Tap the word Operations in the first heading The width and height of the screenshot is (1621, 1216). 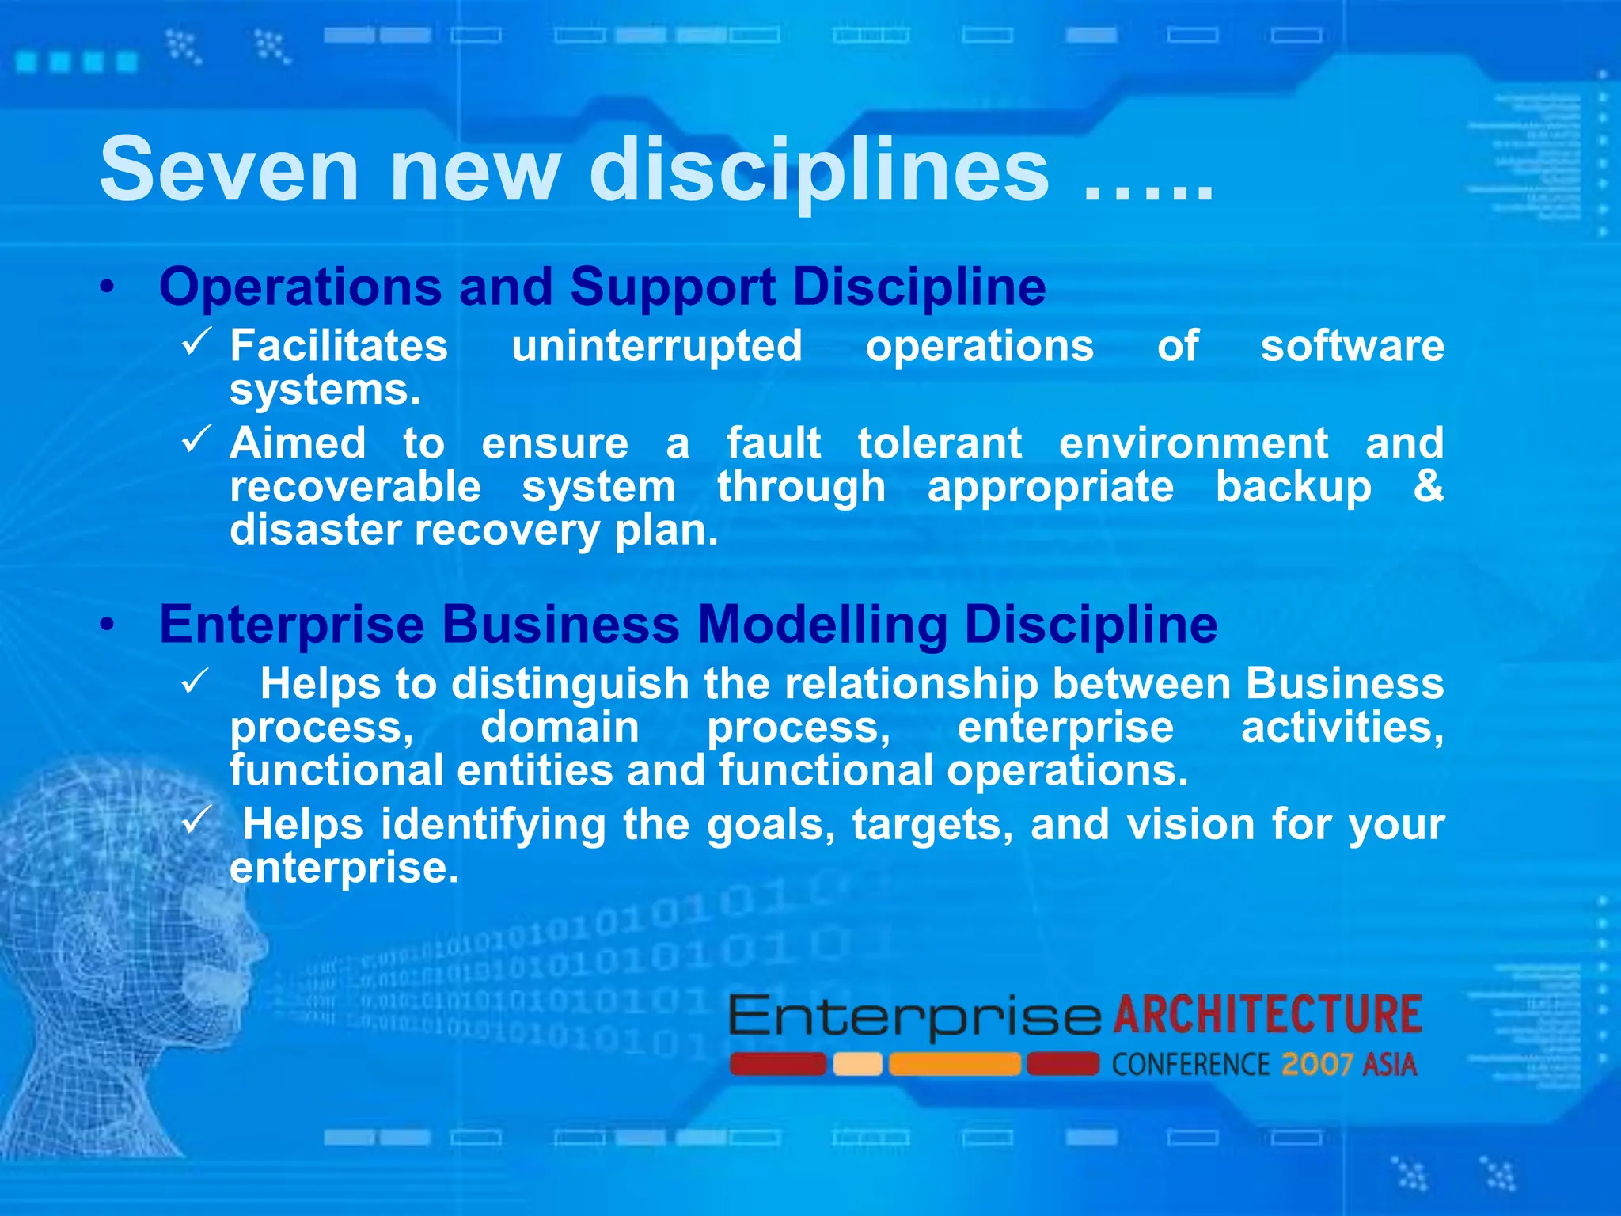(301, 286)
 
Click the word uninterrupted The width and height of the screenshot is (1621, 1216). (657, 347)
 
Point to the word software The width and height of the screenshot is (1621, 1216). (1352, 347)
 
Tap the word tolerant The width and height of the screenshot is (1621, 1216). (940, 443)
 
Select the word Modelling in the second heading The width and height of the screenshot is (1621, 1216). (822, 625)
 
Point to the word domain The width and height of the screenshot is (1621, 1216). (560, 727)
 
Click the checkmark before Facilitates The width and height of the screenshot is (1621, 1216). (196, 341)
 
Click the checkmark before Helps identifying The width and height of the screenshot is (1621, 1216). (196, 819)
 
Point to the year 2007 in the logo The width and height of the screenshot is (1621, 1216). (1316, 1065)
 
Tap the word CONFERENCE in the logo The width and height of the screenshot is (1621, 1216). (1190, 1065)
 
